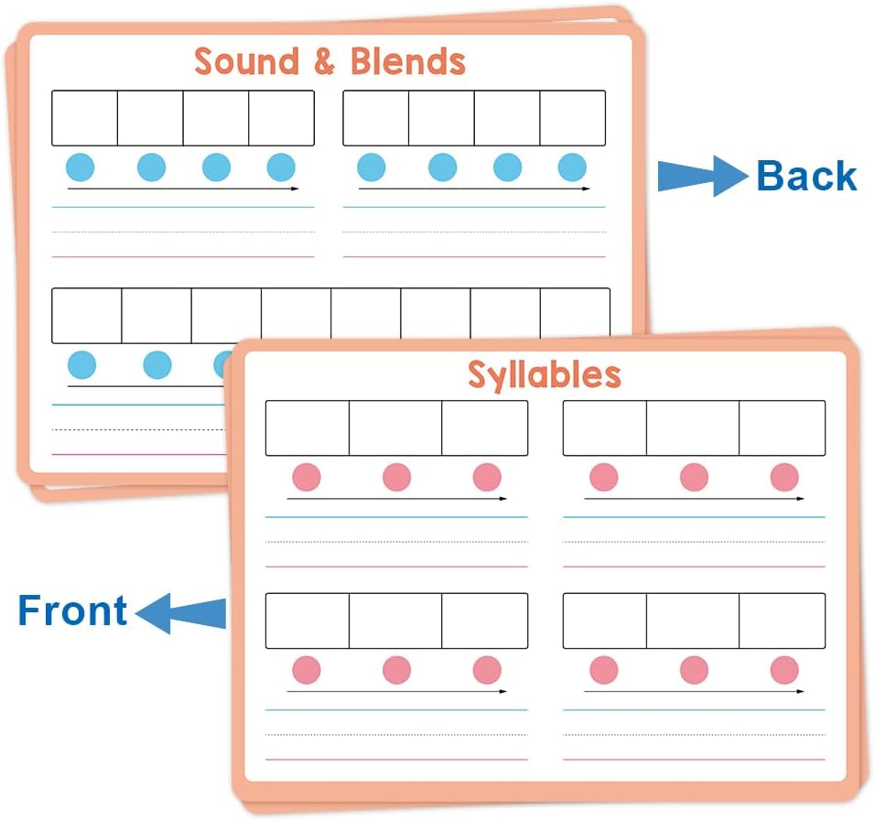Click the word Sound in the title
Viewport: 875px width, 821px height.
246,60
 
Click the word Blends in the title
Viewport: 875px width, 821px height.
408,60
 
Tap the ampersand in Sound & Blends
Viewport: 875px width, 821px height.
324,60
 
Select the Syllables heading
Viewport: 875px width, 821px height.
544,374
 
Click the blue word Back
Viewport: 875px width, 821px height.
806,177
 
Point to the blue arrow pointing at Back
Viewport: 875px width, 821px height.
703,177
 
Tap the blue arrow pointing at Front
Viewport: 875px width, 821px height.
180,613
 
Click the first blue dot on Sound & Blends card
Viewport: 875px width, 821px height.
81,167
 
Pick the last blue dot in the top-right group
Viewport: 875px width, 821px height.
572,167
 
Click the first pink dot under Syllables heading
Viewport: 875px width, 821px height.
307,477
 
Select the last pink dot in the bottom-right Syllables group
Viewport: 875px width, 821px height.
784,670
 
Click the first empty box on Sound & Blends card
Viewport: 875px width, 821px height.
85,118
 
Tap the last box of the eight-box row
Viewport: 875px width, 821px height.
575,316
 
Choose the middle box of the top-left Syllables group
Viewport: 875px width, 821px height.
395,428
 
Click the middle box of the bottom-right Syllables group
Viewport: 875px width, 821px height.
693,621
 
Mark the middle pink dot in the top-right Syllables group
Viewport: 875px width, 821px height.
694,477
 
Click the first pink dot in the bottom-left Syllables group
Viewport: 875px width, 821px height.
307,670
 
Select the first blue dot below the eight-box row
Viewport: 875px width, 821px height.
81,365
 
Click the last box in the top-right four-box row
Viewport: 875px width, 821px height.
573,118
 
